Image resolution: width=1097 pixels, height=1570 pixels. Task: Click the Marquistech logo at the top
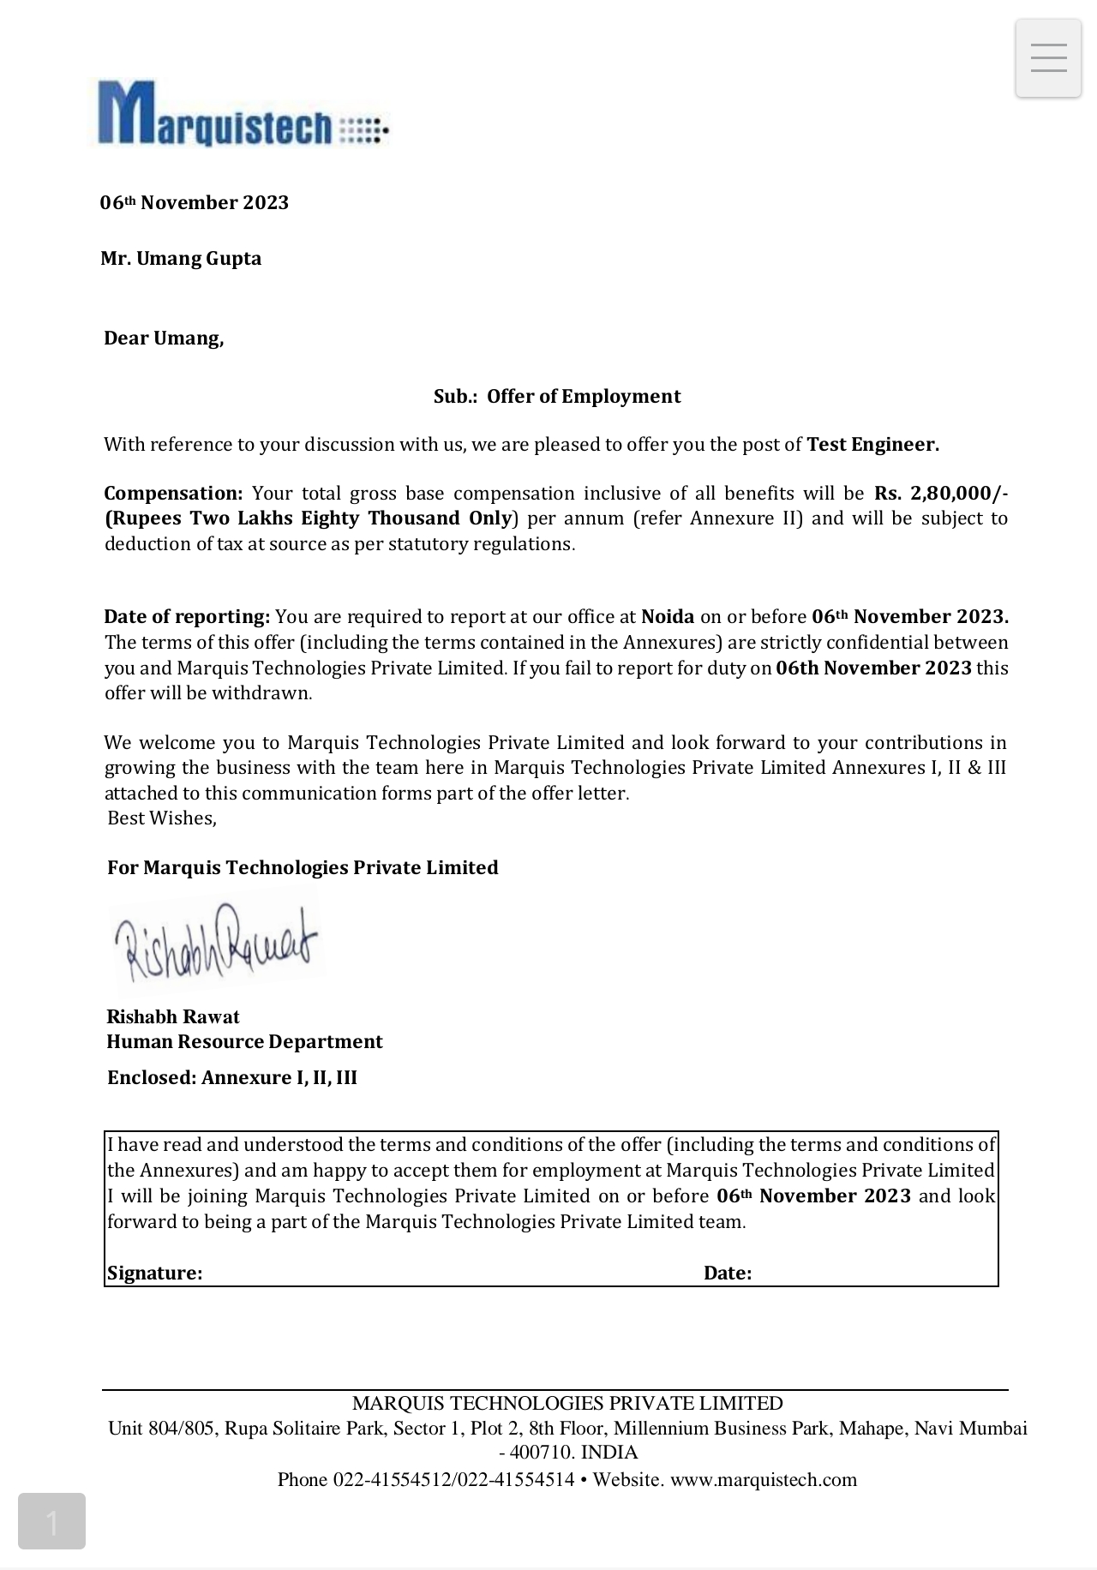(242, 114)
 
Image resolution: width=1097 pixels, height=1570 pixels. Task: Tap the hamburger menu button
(1048, 58)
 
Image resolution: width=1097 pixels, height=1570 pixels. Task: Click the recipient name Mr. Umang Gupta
(181, 259)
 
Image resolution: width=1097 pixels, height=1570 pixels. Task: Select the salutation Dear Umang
(164, 339)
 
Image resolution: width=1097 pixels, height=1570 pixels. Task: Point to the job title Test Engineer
(872, 445)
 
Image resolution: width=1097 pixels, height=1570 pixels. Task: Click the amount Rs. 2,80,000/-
(940, 494)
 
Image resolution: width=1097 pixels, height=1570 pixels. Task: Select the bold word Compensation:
(173, 494)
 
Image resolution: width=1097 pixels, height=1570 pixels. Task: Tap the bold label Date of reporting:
(187, 617)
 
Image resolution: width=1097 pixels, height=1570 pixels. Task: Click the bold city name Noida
(668, 617)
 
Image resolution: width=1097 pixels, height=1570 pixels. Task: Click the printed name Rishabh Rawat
(173, 1017)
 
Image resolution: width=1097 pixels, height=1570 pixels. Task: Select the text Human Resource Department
(244, 1042)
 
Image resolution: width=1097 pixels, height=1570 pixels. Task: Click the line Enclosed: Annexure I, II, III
(232, 1078)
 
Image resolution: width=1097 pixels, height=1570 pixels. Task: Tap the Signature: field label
(154, 1273)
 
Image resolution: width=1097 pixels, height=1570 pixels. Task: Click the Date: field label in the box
(728, 1273)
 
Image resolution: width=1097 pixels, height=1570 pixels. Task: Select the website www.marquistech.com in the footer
(764, 1480)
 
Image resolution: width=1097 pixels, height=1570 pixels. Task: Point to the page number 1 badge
(51, 1521)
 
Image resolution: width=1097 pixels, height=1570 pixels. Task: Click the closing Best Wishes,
(162, 818)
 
